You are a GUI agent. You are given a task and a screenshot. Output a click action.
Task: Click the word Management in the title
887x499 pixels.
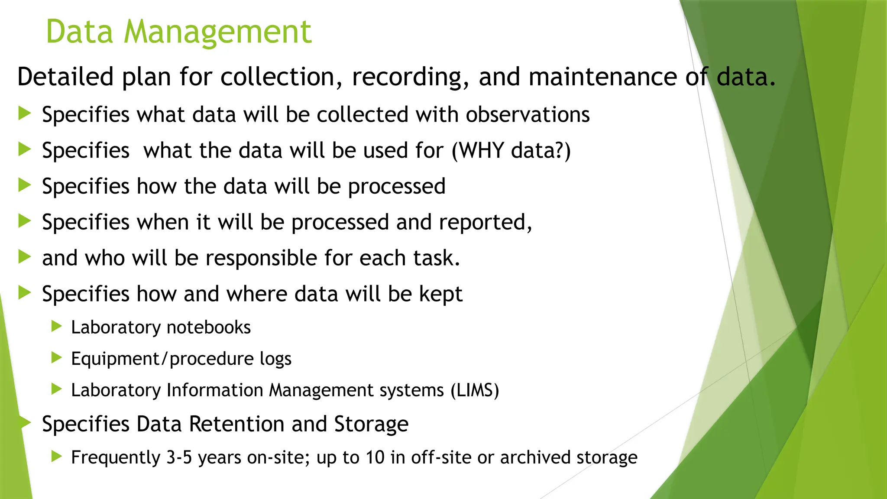(217, 32)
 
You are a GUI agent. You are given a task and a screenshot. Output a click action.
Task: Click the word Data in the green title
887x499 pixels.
(79, 32)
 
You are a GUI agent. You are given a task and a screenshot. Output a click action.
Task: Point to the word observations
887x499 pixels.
(528, 115)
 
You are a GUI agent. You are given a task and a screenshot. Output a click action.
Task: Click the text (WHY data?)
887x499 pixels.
(511, 151)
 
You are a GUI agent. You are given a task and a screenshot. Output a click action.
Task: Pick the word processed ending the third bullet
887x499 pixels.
(397, 187)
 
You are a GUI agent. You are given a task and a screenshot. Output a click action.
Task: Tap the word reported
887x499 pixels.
(485, 222)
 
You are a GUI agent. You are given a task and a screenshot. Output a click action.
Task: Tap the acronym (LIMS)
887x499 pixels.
(475, 390)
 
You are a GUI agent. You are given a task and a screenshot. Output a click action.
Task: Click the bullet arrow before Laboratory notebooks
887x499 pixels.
(57, 326)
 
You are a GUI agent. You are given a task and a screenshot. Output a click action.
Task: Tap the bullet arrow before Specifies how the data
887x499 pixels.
(25, 185)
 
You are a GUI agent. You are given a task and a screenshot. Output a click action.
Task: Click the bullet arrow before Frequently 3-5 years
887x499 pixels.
(57, 456)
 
